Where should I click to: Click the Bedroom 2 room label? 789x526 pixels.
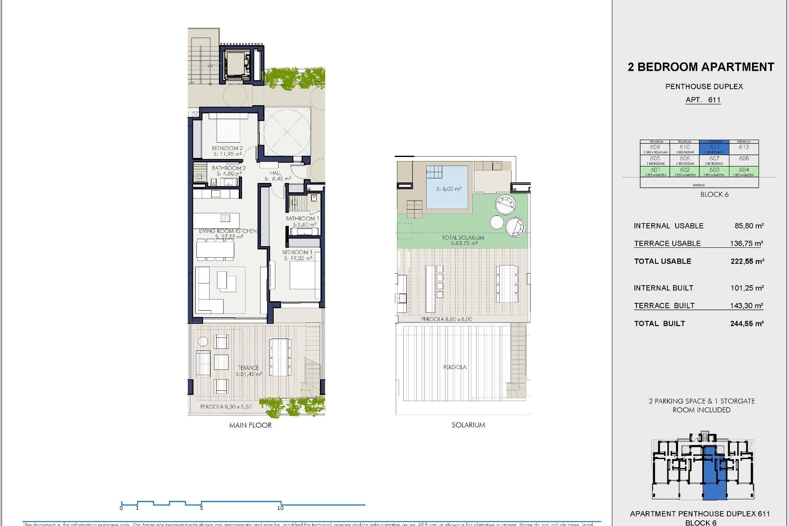coord(227,148)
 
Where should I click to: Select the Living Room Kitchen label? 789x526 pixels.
coord(228,231)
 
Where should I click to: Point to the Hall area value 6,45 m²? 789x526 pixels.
coord(278,179)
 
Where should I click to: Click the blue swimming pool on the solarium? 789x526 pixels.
coord(447,187)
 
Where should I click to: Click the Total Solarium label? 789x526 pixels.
coord(463,238)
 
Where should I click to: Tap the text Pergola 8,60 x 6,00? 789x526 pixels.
coord(446,319)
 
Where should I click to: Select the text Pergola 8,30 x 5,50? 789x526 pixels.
coord(226,406)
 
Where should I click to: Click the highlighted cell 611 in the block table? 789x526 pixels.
coord(714,148)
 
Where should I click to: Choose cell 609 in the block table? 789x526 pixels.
coord(655,148)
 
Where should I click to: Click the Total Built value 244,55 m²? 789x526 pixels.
coord(747,323)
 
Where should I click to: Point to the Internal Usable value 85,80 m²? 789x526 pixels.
coord(749,226)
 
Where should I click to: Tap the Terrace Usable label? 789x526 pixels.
coord(667,243)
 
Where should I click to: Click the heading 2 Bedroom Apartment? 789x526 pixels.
coord(701,67)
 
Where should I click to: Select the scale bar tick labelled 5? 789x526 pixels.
coord(201,508)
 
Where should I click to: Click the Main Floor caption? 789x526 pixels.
coord(250,425)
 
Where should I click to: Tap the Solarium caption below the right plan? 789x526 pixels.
coord(468,425)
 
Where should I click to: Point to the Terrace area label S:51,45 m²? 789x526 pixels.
coord(249,374)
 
